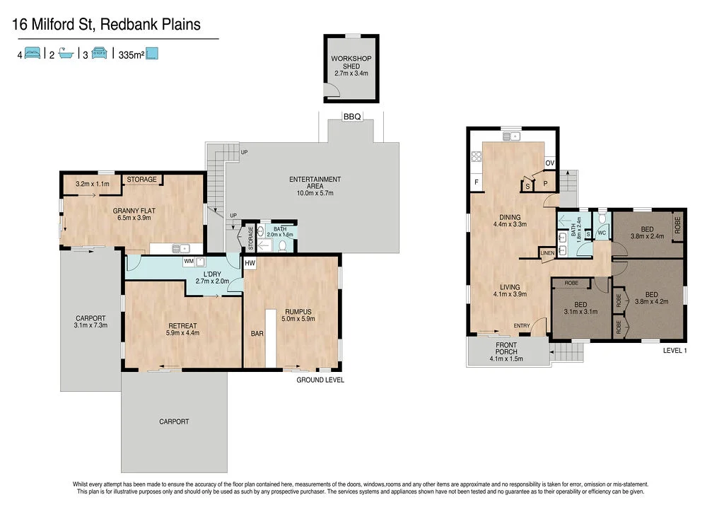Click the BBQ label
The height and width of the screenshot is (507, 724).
[x=351, y=117]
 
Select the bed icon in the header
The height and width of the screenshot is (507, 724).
[x=32, y=54]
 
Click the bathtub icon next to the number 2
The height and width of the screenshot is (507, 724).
[x=66, y=54]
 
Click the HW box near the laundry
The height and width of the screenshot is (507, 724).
[x=249, y=263]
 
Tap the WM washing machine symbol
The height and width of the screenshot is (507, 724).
[x=189, y=262]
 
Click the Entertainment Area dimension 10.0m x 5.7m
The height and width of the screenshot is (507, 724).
[x=315, y=192]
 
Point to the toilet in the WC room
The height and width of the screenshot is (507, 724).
[x=602, y=218]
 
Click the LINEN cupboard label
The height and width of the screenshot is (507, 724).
[x=547, y=252]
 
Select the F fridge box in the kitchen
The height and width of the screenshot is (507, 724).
[x=477, y=182]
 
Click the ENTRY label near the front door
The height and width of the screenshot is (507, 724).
[x=522, y=325]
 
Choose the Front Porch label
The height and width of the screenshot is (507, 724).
[x=506, y=349]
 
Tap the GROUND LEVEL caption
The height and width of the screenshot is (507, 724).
[x=320, y=380]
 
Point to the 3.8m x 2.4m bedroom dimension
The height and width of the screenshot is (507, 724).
[x=647, y=237]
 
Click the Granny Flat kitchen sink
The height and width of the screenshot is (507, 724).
[x=183, y=248]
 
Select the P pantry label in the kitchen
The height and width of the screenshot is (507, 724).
[x=545, y=183]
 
